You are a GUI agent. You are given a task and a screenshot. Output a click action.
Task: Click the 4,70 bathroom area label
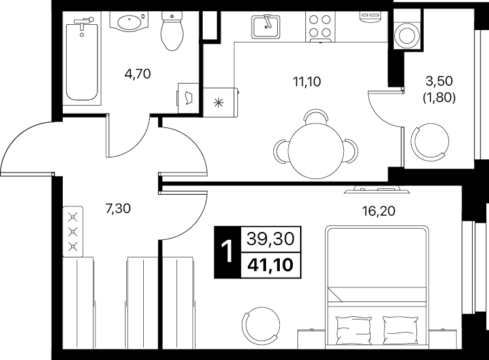(x=137, y=74)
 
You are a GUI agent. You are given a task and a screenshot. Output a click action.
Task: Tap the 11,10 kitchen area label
(x=307, y=82)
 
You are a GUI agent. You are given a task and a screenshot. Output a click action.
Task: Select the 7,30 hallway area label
(x=118, y=208)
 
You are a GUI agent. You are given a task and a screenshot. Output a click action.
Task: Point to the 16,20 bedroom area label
(x=379, y=211)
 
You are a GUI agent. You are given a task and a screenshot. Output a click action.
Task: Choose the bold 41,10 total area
(x=271, y=265)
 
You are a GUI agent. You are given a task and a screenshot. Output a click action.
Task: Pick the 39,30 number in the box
(x=271, y=239)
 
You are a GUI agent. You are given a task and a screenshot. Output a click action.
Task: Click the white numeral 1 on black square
(x=228, y=252)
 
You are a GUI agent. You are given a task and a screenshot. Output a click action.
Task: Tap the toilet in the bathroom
(x=171, y=31)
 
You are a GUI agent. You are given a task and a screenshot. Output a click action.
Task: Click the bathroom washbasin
(x=129, y=22)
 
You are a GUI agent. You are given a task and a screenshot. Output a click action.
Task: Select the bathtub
(x=82, y=60)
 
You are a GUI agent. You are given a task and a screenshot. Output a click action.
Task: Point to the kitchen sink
(x=265, y=27)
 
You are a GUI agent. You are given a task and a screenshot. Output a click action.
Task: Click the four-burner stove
(x=320, y=26)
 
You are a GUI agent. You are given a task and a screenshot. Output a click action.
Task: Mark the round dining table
(x=316, y=151)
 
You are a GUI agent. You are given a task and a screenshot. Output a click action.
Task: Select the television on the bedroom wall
(x=377, y=189)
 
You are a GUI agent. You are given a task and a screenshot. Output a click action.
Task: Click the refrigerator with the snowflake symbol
(x=220, y=103)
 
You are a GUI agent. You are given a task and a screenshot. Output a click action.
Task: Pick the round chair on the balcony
(x=430, y=142)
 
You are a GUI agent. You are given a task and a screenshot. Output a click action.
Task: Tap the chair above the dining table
(x=316, y=116)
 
